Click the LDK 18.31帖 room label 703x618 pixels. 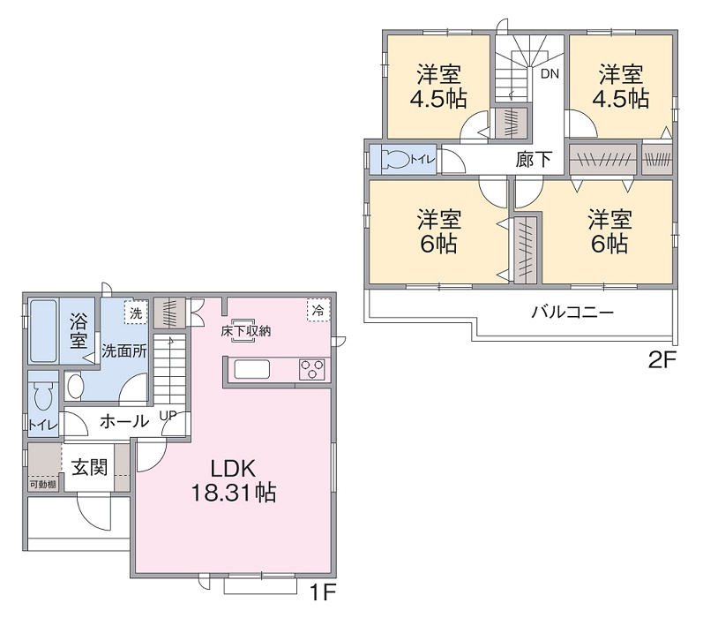(x=234, y=481)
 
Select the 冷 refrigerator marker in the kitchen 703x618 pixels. (x=317, y=311)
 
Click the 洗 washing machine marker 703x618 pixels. (x=135, y=313)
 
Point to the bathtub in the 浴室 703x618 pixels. (x=42, y=332)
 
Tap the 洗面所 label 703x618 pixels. (x=123, y=350)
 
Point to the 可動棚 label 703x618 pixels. (x=42, y=484)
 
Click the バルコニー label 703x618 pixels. (x=572, y=313)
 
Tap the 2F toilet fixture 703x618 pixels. (x=397, y=160)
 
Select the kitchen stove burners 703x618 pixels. (x=312, y=370)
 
